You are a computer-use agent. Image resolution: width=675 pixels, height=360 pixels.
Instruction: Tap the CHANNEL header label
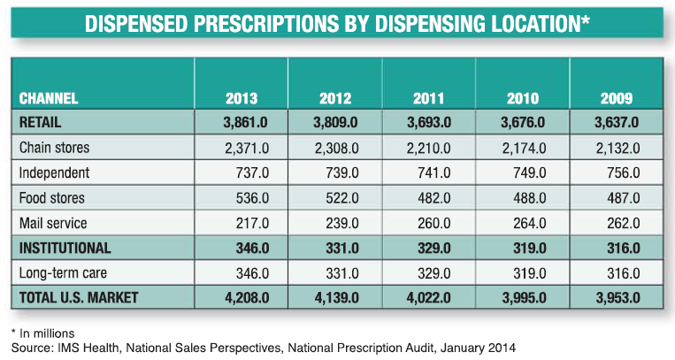coord(49,99)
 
